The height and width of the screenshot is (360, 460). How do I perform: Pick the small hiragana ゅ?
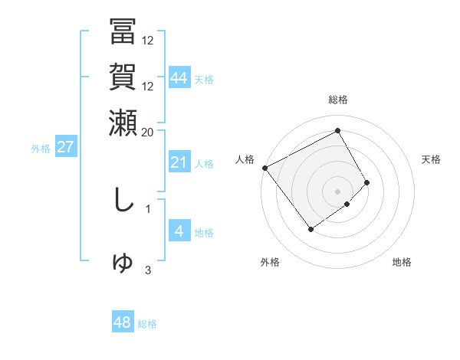tap(122, 263)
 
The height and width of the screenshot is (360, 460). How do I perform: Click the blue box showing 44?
tap(179, 77)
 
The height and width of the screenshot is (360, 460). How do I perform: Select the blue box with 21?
tap(179, 162)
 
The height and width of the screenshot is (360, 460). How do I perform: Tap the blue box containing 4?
tap(179, 231)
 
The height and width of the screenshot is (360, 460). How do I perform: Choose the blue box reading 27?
tap(65, 148)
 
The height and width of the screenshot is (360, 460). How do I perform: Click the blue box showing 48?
tap(123, 322)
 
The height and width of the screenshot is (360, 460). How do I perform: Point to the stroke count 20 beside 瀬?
tap(148, 132)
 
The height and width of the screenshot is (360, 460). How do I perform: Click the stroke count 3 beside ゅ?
tap(148, 270)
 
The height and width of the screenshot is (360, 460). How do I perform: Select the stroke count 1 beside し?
tap(148, 207)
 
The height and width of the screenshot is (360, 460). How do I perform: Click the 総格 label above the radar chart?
tap(338, 100)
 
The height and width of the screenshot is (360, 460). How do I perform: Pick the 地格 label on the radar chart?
tap(402, 262)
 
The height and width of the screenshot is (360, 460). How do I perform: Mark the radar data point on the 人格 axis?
tap(264, 168)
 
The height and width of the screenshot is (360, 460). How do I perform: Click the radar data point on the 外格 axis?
tap(311, 229)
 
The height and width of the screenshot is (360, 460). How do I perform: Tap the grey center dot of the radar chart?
tap(337, 191)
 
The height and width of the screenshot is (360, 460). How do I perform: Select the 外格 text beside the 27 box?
tap(41, 149)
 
